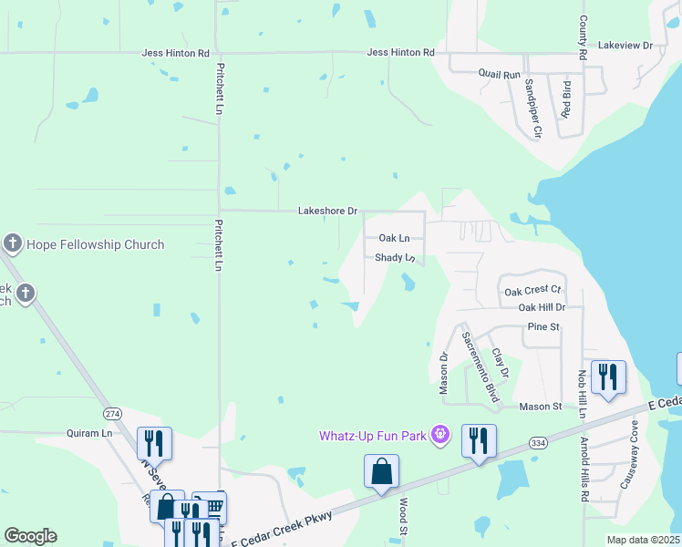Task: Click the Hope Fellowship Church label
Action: point(95,244)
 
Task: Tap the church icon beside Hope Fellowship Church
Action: point(12,243)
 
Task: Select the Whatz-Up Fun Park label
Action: point(373,435)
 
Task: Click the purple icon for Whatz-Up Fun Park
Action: point(440,434)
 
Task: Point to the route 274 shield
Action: point(112,413)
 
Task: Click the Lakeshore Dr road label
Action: point(327,211)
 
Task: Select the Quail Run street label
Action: point(499,73)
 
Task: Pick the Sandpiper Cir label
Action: point(533,107)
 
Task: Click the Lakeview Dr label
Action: point(625,45)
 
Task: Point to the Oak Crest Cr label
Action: point(532,291)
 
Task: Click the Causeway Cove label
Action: point(628,467)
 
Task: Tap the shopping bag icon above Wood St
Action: point(381,472)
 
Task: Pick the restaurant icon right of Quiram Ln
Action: point(154,444)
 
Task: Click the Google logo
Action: point(30,536)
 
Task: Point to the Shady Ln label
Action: point(396,258)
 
